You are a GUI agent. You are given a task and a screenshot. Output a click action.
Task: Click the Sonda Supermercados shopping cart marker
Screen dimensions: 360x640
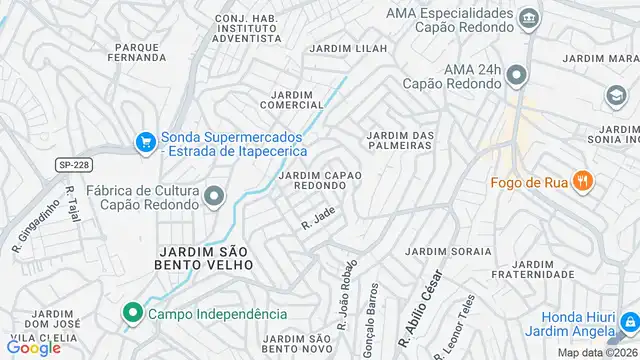tap(147, 143)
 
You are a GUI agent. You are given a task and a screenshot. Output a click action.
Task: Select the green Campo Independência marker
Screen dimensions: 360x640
tap(132, 314)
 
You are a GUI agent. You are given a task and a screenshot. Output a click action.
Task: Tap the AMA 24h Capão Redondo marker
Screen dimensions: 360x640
tap(516, 75)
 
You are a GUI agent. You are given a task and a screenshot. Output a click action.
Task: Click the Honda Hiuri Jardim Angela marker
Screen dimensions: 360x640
tap(628, 321)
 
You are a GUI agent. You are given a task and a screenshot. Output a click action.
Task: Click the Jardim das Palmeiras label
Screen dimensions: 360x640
tap(399, 140)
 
